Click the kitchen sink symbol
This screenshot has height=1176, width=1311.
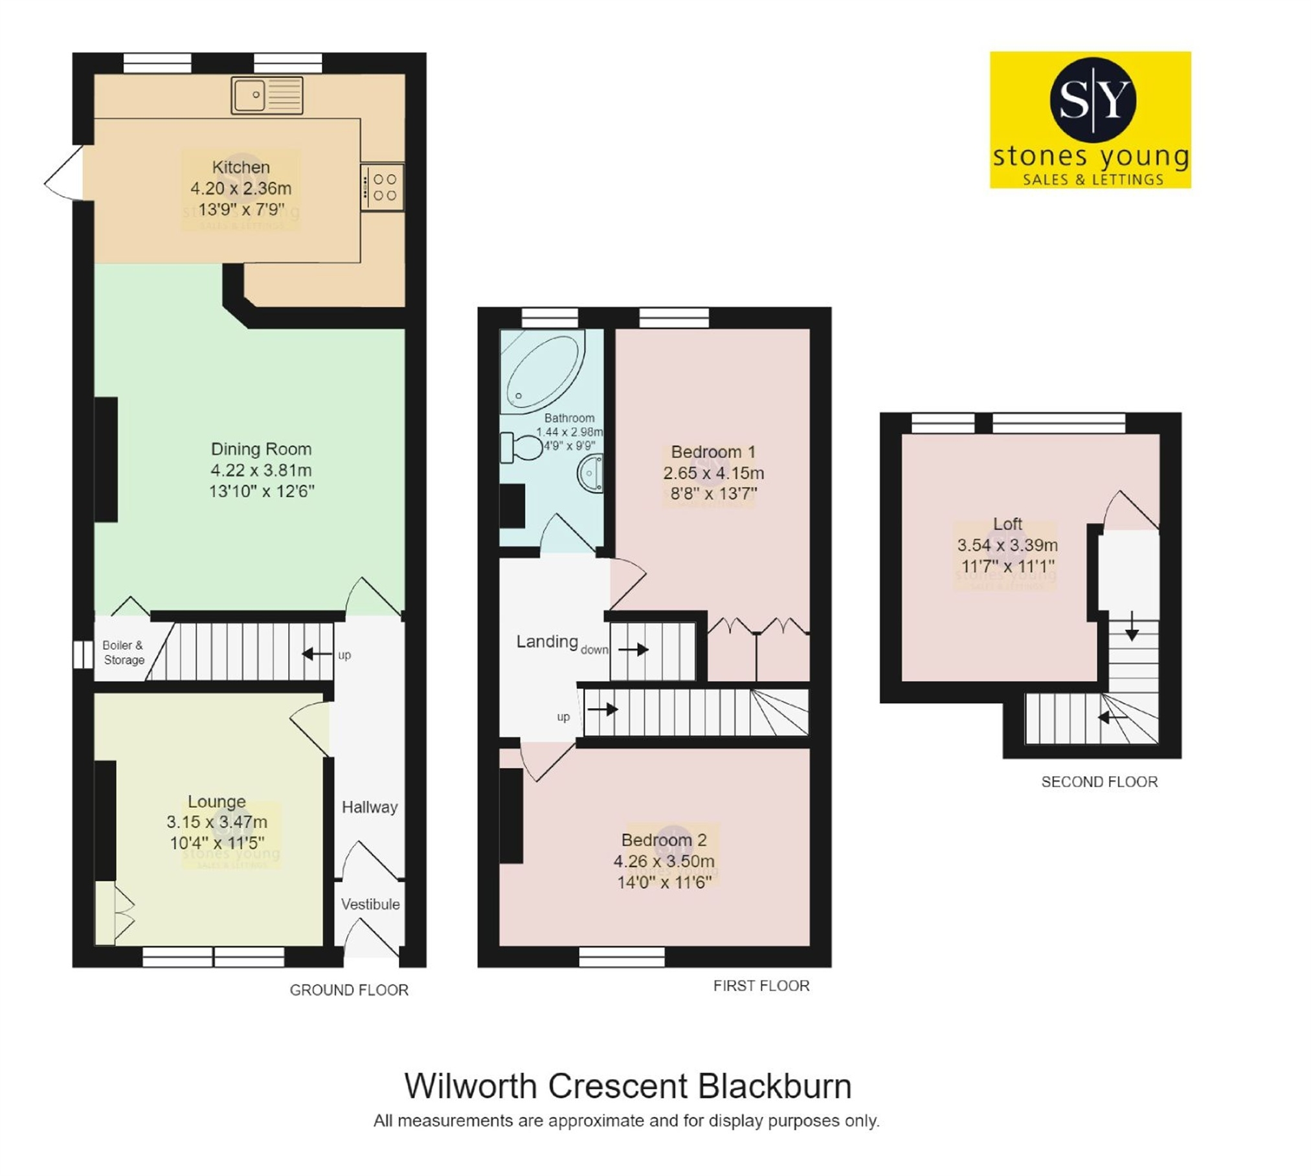click(266, 95)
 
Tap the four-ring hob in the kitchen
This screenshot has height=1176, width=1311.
click(383, 186)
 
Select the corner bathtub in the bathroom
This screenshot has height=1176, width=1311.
click(543, 372)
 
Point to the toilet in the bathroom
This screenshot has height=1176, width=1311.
click(522, 447)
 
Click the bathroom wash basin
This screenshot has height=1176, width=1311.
click(590, 473)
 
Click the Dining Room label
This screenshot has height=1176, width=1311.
click(261, 449)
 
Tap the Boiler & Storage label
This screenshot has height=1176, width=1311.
click(123, 652)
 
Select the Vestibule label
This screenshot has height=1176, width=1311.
click(370, 904)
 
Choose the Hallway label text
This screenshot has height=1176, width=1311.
click(370, 807)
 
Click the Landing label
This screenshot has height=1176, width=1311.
click(547, 641)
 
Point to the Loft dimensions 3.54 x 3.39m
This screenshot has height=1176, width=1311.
click(1007, 545)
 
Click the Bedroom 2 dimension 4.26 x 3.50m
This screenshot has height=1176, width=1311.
click(664, 861)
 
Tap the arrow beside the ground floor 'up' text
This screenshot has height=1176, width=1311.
click(317, 654)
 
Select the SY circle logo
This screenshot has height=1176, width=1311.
click(1093, 99)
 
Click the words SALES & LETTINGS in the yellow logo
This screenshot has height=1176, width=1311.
click(1093, 179)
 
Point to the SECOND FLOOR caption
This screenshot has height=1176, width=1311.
click(1099, 782)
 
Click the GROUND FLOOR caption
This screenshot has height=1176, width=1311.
click(349, 990)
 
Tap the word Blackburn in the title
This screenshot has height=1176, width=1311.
click(775, 1087)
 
